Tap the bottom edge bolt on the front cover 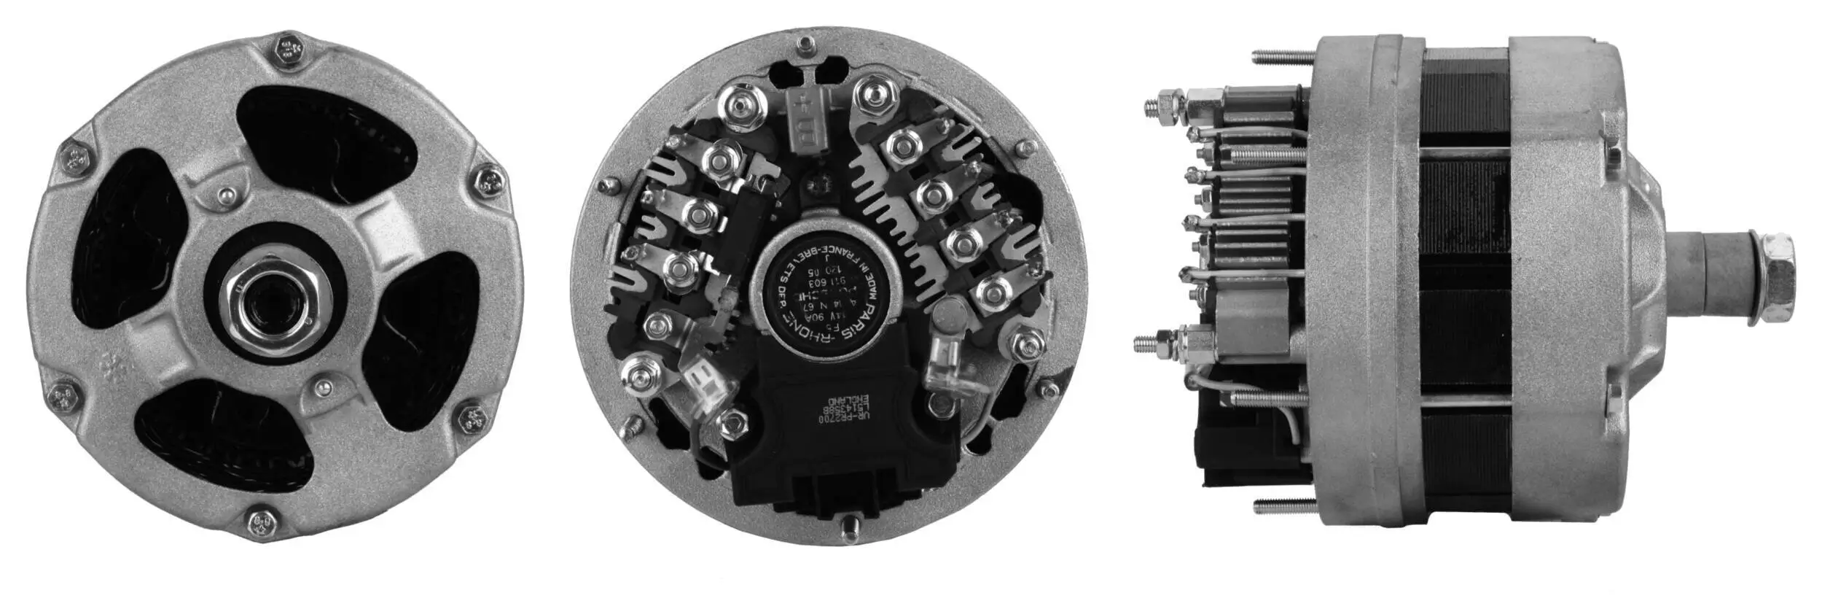click(260, 522)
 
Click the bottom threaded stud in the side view click(1284, 505)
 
